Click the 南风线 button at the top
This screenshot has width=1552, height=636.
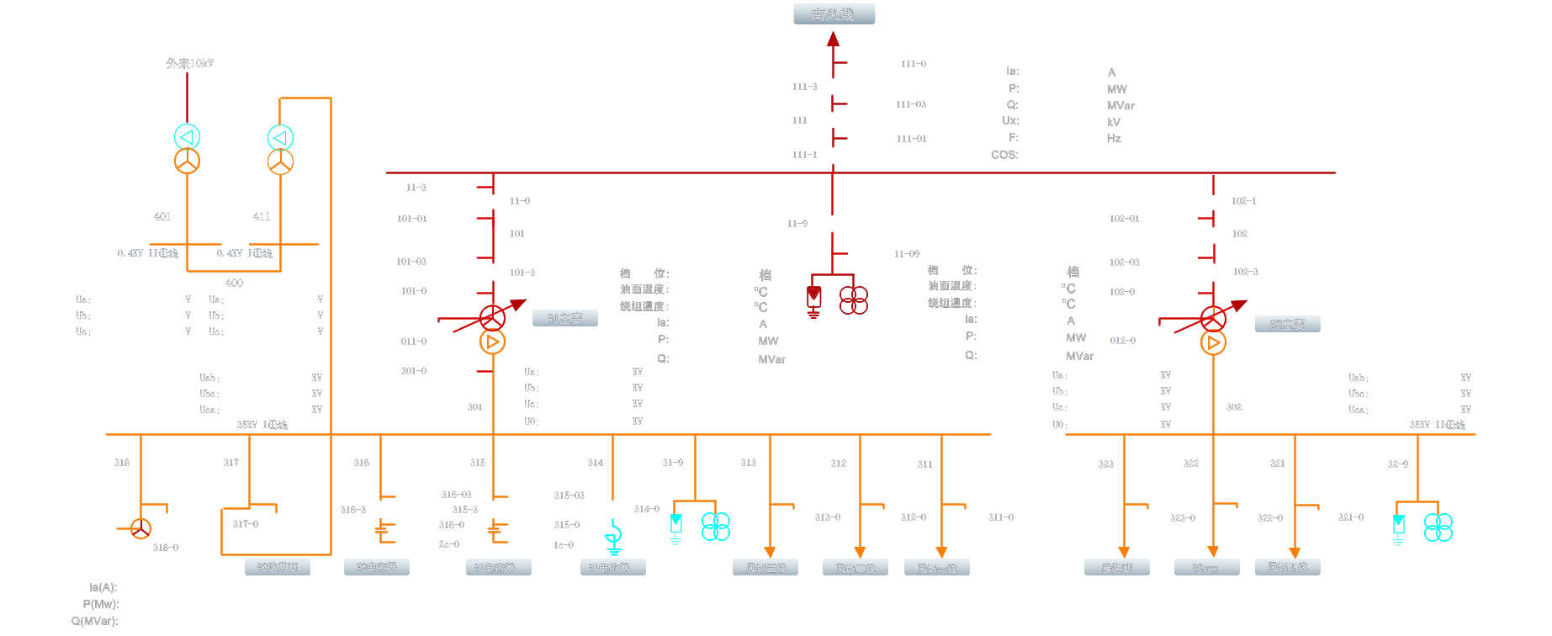tap(834, 14)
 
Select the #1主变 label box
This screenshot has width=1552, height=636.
tap(565, 319)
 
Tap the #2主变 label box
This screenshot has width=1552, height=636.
tap(1287, 324)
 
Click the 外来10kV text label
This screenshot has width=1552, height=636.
tap(189, 63)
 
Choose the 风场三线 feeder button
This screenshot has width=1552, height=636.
tap(765, 568)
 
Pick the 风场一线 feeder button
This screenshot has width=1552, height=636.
tap(936, 568)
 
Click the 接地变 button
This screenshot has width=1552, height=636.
tap(1117, 568)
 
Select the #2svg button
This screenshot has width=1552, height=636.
tap(1205, 568)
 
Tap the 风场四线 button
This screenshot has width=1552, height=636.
tap(1287, 567)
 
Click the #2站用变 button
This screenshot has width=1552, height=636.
tap(278, 567)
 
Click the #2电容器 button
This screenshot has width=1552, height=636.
tap(376, 568)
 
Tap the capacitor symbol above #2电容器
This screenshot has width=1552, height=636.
tap(385, 530)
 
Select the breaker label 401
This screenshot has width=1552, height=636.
tap(162, 216)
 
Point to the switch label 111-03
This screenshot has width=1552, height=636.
tap(910, 104)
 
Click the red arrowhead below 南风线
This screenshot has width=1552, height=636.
tap(833, 39)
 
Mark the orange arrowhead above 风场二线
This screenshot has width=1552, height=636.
tap(860, 552)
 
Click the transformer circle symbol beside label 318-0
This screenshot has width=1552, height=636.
tap(140, 528)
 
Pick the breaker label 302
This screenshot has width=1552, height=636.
tap(1233, 407)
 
